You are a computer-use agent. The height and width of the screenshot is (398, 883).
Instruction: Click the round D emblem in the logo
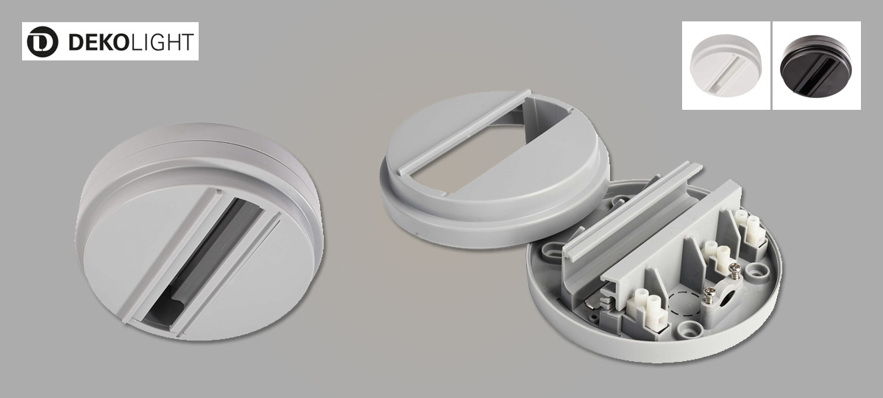click(42, 41)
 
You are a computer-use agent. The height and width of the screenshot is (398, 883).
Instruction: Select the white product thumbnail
click(726, 66)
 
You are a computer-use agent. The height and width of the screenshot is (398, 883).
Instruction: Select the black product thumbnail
click(816, 66)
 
